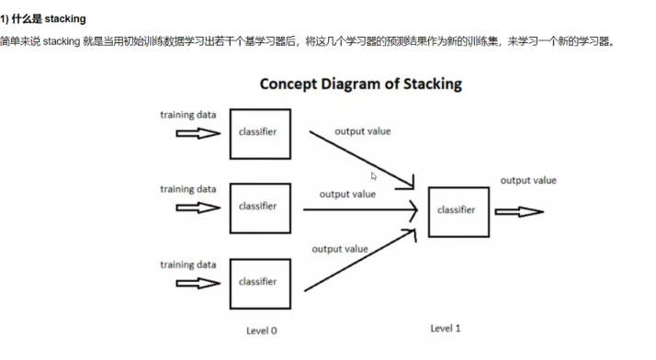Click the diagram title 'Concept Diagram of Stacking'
pyautogui.click(x=361, y=84)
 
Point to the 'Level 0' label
pyautogui.click(x=262, y=331)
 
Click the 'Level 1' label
pyautogui.click(x=445, y=328)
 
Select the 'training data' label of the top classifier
pyautogui.click(x=188, y=115)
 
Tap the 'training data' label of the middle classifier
pyautogui.click(x=188, y=189)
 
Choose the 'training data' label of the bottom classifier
pyautogui.click(x=188, y=264)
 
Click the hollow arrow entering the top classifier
pyautogui.click(x=198, y=133)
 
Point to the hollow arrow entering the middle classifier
pyautogui.click(x=198, y=208)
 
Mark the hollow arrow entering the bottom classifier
pyautogui.click(x=198, y=284)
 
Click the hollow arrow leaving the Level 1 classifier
pyautogui.click(x=519, y=212)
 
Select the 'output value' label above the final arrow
pyautogui.click(x=528, y=180)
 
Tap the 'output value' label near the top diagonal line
pyautogui.click(x=362, y=131)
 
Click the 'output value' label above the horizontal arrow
pyautogui.click(x=347, y=194)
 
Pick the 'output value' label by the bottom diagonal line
pyautogui.click(x=340, y=249)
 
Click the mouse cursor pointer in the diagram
pyautogui.click(x=374, y=176)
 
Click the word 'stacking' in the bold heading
pyautogui.click(x=65, y=18)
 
